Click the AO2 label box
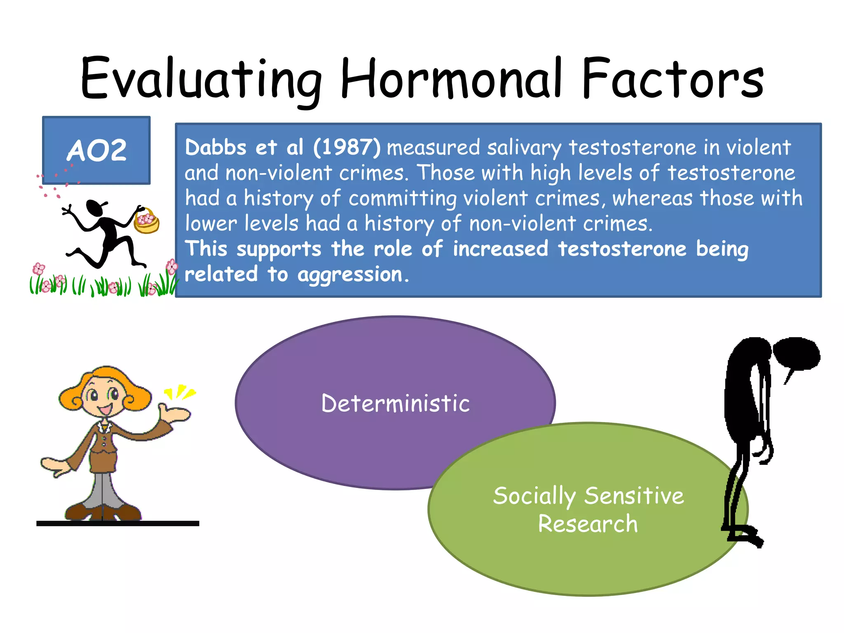tap(96, 150)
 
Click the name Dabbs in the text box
tap(216, 147)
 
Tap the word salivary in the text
tap(524, 148)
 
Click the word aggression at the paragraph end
tap(350, 275)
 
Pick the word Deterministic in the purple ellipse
tap(395, 403)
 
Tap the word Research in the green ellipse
tap(588, 524)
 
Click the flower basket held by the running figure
tap(146, 222)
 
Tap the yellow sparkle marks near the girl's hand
tap(180, 392)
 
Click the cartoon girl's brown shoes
tap(103, 511)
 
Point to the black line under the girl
tap(117, 523)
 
